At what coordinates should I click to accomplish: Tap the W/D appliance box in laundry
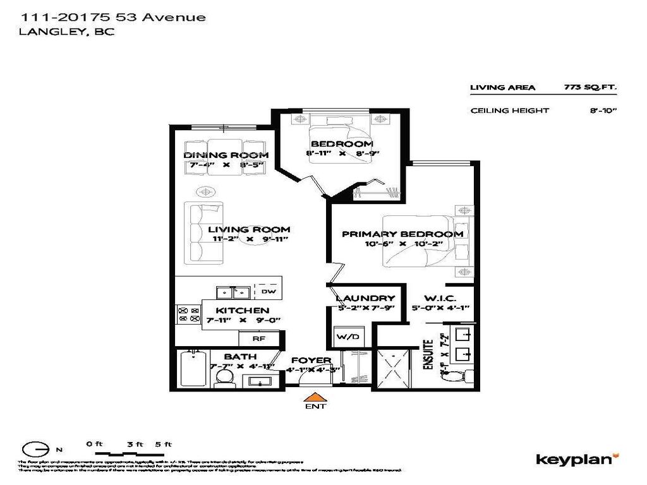348,336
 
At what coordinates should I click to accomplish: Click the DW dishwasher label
268,292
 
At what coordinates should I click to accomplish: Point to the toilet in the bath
224,378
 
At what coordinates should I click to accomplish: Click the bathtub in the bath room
193,370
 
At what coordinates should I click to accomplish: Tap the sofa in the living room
203,232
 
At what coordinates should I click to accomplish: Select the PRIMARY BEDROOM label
402,234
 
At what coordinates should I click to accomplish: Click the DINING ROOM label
226,155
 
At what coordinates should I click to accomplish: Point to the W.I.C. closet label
433,298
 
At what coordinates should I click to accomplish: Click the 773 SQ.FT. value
591,88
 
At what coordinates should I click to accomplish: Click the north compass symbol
36,449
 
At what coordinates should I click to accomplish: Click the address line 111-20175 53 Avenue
113,17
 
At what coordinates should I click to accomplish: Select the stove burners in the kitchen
188,314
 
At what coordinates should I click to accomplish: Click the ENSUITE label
428,355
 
